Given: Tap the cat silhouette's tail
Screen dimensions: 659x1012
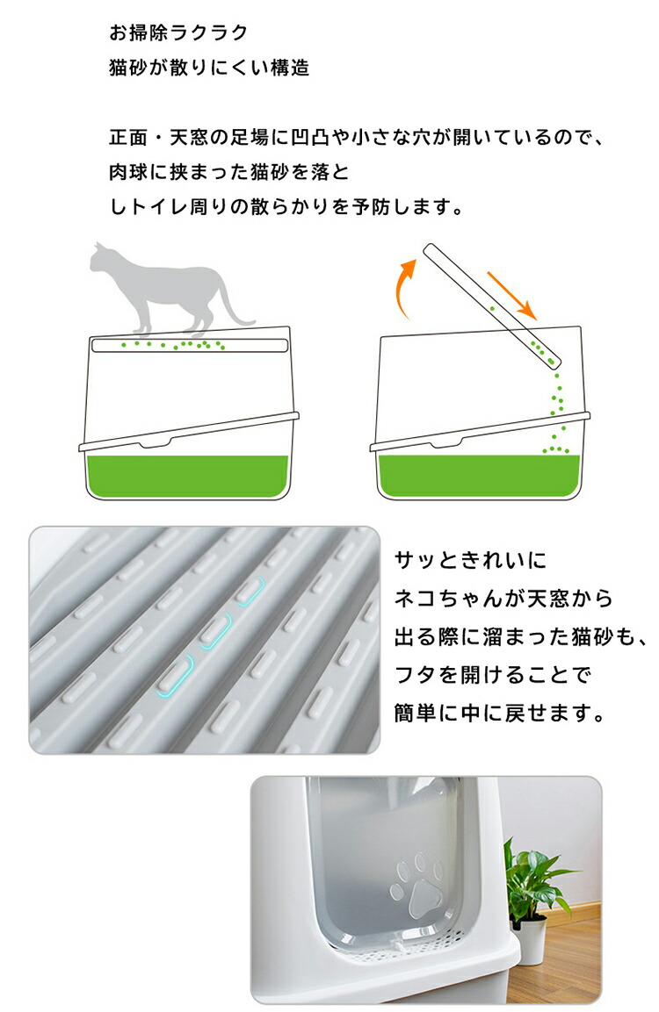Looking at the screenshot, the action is pyautogui.click(x=233, y=304).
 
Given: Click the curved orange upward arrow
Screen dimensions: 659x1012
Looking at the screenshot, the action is pyautogui.click(x=403, y=287).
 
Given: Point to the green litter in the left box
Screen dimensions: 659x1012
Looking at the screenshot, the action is pyautogui.click(x=187, y=476).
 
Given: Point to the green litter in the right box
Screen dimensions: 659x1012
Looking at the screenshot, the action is pyautogui.click(x=479, y=477).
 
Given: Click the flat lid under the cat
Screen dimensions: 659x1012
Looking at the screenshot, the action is pyautogui.click(x=189, y=345).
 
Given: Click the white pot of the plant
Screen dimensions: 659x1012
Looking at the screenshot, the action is pyautogui.click(x=529, y=944).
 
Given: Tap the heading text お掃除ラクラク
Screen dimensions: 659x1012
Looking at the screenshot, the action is pyautogui.click(x=178, y=32).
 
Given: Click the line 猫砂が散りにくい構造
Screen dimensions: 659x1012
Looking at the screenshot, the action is pyautogui.click(x=209, y=67).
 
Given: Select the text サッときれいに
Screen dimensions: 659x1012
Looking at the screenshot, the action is pyautogui.click(x=471, y=560).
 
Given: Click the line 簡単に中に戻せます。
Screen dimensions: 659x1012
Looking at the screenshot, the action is pyautogui.click(x=499, y=714).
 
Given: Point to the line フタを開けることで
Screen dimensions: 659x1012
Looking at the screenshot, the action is pyautogui.click(x=493, y=675).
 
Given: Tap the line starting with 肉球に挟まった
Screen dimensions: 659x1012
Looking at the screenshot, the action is pyautogui.click(x=228, y=172).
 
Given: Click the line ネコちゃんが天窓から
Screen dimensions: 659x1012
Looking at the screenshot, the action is pyautogui.click(x=504, y=599).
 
